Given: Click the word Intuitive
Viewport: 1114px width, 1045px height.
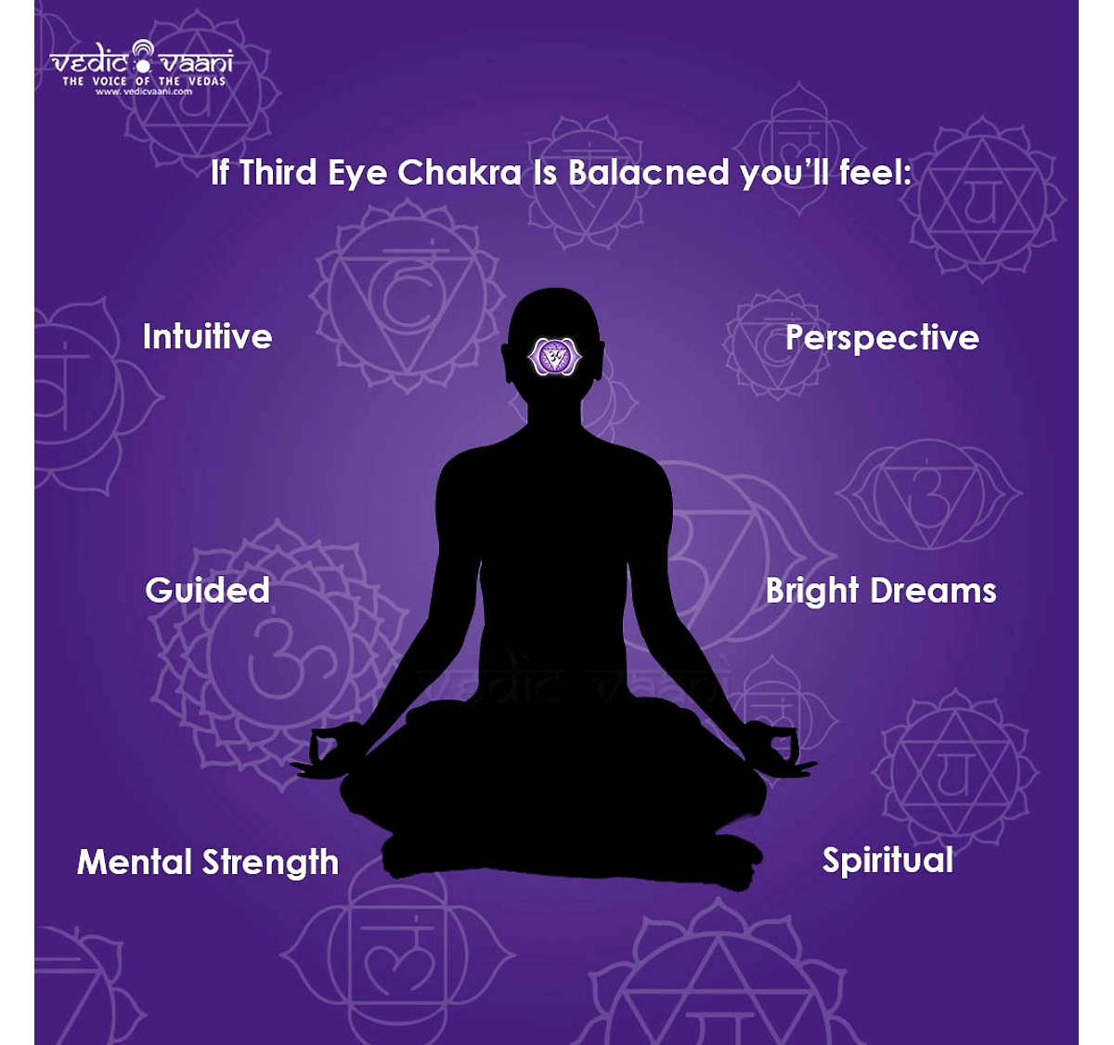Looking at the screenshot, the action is [x=208, y=336].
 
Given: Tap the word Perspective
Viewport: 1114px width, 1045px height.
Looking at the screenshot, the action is [x=882, y=339].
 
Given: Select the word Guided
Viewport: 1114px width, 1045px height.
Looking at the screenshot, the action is [x=208, y=590].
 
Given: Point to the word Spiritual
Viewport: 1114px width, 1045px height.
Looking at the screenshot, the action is [x=887, y=861].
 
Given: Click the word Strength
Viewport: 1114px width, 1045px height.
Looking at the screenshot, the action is [x=270, y=862].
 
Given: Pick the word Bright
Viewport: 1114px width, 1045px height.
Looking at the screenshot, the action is [x=812, y=592].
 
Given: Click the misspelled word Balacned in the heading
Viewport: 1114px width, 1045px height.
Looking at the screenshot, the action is [x=648, y=172].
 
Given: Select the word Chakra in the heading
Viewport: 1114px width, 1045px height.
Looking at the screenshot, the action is [x=460, y=172].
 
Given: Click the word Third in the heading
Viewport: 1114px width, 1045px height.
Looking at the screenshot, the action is [x=278, y=172].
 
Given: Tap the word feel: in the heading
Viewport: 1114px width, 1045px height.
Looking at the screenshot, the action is [x=875, y=172].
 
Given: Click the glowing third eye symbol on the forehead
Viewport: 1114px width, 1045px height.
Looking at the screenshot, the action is [x=555, y=357].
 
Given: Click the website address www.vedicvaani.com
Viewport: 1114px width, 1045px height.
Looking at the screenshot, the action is [x=144, y=92].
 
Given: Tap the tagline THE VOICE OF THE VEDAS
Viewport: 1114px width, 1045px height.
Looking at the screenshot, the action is [x=144, y=81].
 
